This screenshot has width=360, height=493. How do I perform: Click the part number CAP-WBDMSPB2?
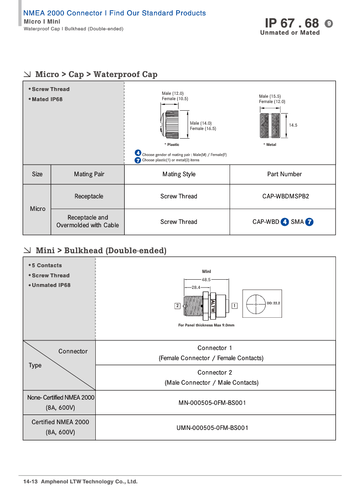click(x=283, y=196)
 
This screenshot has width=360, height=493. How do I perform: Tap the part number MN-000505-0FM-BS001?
click(x=212, y=402)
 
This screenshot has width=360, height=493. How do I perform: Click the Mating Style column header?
click(x=179, y=174)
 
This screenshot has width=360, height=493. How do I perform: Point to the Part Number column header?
click(x=284, y=174)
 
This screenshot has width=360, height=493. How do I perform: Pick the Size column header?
click(x=37, y=174)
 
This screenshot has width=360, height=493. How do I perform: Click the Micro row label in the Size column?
click(x=38, y=209)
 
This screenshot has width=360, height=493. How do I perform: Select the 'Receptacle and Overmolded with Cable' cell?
click(x=88, y=221)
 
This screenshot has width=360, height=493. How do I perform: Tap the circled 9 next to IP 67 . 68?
click(x=329, y=23)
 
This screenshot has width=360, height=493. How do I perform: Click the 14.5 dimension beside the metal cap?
click(x=293, y=125)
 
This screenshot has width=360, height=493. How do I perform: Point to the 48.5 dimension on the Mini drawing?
click(x=206, y=279)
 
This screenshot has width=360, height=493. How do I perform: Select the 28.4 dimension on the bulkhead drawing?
click(x=196, y=287)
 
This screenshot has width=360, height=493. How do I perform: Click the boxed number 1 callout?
click(x=234, y=305)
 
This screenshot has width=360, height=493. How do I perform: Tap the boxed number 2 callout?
click(x=178, y=306)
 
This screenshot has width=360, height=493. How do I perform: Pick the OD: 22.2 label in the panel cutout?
click(x=273, y=303)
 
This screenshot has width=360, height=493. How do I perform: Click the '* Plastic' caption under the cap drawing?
click(x=172, y=144)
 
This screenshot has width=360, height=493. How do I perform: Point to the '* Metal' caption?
click(x=270, y=144)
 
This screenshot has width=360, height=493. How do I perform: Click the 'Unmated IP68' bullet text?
click(x=51, y=285)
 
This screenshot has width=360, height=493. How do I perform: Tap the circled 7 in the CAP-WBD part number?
click(x=310, y=222)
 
